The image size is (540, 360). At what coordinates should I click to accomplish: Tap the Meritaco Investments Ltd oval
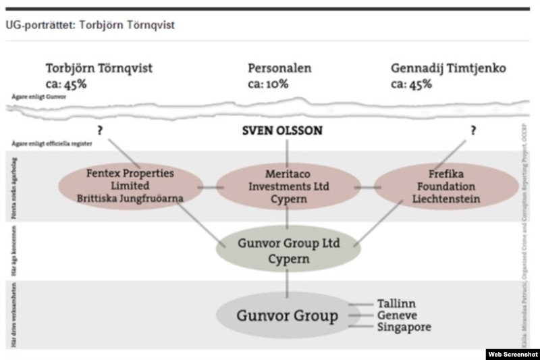point(288,186)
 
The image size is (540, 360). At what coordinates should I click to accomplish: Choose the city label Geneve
point(398,315)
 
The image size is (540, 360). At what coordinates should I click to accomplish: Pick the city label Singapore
point(404,328)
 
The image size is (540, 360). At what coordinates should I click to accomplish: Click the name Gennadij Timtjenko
point(448,69)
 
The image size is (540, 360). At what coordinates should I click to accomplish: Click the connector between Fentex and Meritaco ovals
point(209,187)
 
